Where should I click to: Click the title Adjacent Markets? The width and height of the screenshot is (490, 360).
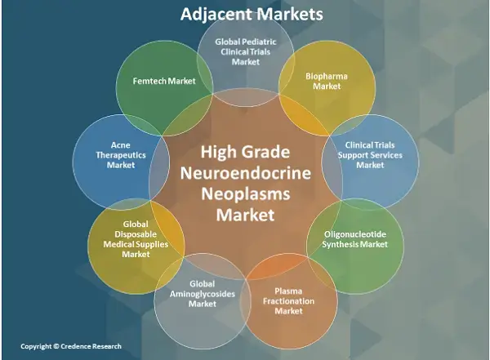click(x=252, y=14)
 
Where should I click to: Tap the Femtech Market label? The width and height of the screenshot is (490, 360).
click(x=164, y=82)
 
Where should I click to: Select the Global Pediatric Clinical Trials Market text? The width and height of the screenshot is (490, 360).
click(x=246, y=52)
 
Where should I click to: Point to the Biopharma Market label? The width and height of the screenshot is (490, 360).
click(x=327, y=82)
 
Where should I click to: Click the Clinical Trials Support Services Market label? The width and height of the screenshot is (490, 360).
click(x=370, y=155)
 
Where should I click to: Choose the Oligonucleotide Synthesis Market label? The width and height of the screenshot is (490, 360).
click(x=355, y=239)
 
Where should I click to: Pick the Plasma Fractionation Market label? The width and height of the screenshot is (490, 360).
click(x=288, y=301)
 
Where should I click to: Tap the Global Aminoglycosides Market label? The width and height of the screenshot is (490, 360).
click(x=203, y=294)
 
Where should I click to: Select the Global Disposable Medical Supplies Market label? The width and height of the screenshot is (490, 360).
click(x=136, y=239)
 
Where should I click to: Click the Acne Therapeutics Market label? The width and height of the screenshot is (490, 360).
click(x=121, y=155)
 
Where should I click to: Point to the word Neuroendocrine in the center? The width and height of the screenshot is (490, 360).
click(x=246, y=173)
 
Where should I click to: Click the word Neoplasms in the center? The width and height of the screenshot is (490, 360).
click(x=246, y=193)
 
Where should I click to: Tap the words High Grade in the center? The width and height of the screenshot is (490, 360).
click(x=245, y=152)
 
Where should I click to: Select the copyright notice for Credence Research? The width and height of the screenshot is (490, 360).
click(x=71, y=346)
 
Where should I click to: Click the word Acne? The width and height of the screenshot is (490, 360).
click(x=121, y=145)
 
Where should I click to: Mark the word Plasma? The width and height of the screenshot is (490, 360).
click(x=288, y=291)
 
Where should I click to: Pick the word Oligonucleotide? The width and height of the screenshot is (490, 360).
click(x=355, y=234)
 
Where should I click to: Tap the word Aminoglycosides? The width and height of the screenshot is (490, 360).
click(x=203, y=294)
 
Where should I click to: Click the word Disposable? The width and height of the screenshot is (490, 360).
click(x=136, y=234)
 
